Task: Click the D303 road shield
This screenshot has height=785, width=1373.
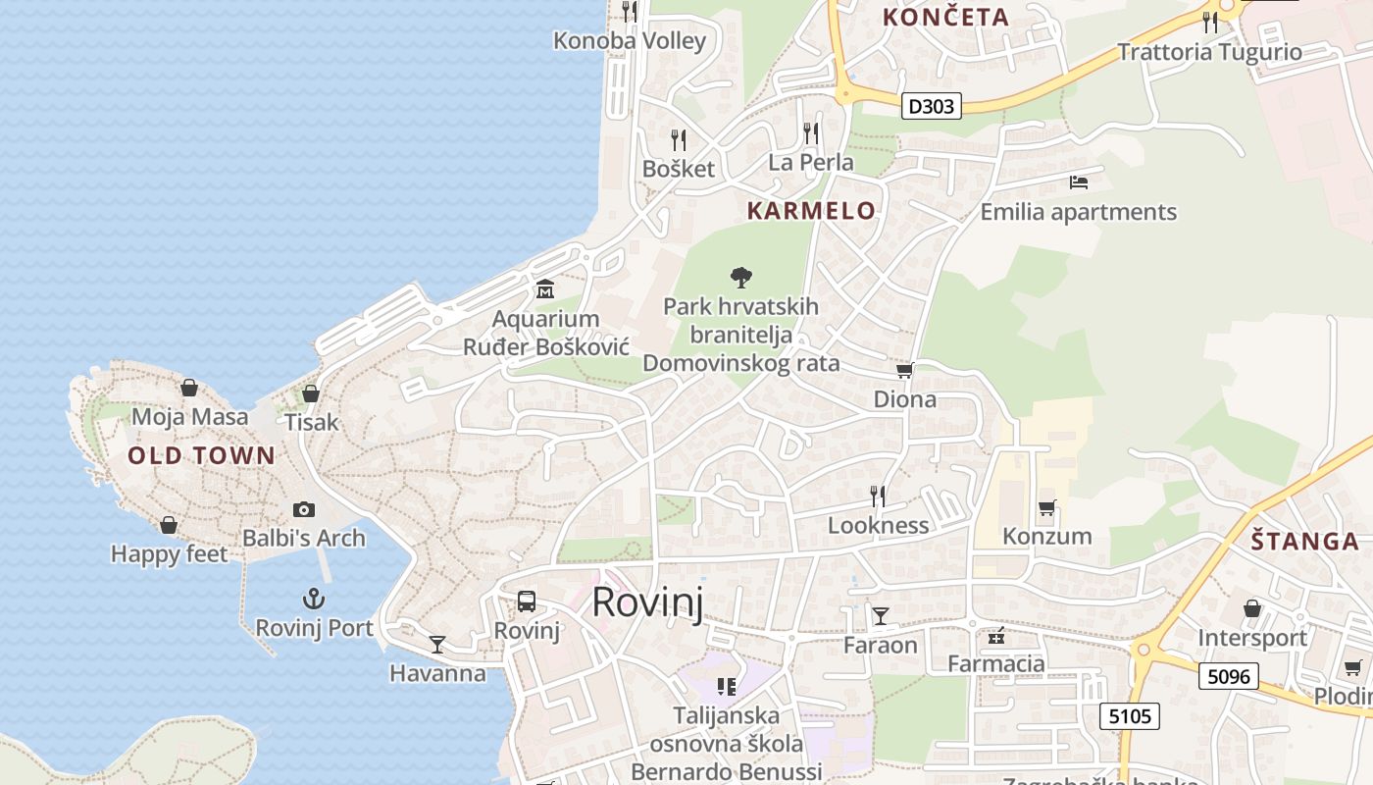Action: [x=931, y=106]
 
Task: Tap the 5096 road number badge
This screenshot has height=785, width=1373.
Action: [x=1229, y=676]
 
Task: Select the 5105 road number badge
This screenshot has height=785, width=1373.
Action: [x=1129, y=716]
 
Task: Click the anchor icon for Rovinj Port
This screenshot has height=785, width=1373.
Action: [x=313, y=599]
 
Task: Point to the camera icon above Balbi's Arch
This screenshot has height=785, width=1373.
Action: [x=304, y=509]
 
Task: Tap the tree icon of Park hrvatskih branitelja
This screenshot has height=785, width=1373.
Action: [x=741, y=278]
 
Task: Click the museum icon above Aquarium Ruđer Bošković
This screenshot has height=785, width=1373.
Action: [x=545, y=289]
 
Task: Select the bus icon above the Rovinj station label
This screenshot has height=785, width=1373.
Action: [x=527, y=602]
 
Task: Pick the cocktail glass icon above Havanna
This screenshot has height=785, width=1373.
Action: [x=437, y=645]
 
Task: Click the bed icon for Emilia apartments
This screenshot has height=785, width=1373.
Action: [x=1078, y=183]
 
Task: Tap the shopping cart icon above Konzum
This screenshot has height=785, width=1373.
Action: [x=1046, y=508]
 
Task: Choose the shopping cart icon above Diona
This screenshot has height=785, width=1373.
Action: [x=904, y=371]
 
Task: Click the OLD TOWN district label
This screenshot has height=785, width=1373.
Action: [x=201, y=455]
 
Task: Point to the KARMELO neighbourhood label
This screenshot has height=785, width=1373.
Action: [x=811, y=210]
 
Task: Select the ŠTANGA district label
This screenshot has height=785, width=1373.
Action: [x=1305, y=542]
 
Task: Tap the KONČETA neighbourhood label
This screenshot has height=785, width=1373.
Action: [x=945, y=17]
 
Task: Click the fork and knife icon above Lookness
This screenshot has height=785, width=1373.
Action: [x=878, y=497]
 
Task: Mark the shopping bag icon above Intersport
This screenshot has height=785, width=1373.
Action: [x=1252, y=609]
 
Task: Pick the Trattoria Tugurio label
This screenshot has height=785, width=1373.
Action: [x=1209, y=52]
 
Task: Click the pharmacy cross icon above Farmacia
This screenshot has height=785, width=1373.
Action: [x=996, y=636]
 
